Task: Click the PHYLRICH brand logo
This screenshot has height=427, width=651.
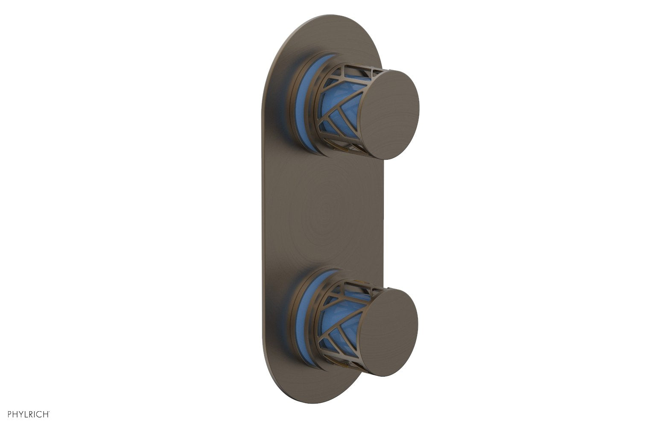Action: point(29,414)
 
